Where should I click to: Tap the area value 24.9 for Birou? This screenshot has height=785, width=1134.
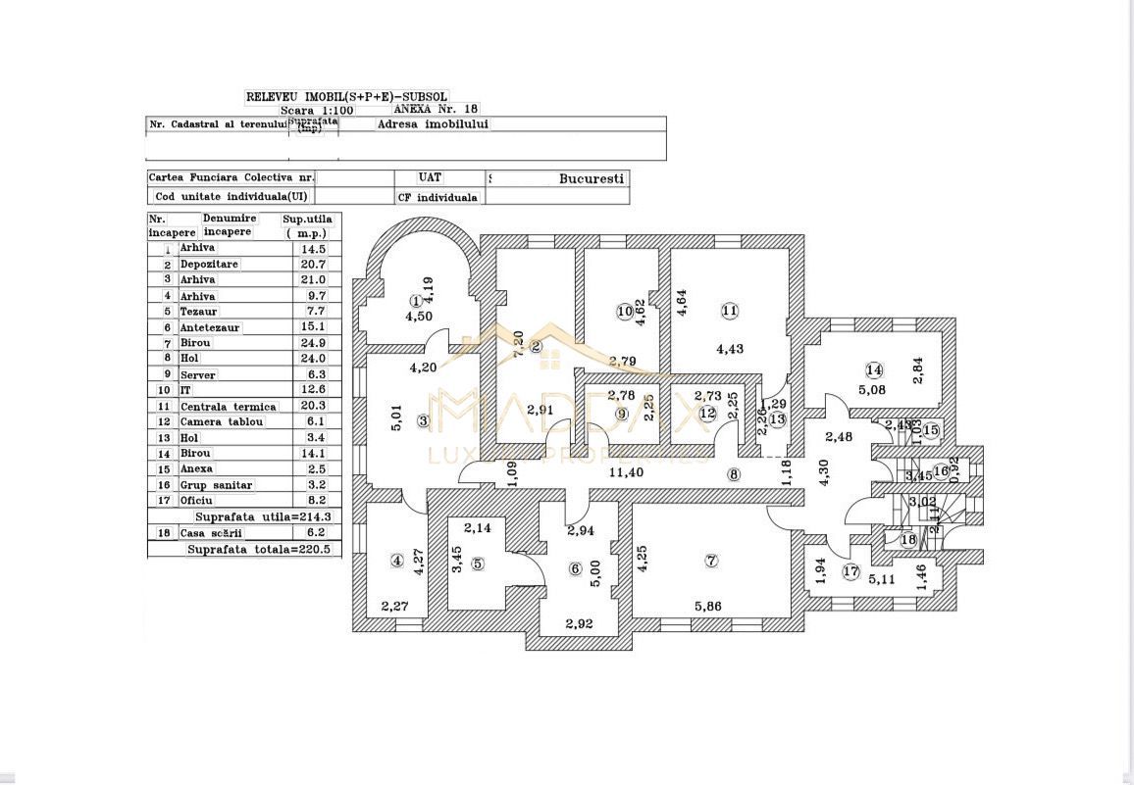pyautogui.click(x=311, y=343)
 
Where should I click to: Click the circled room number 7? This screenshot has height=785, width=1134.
pyautogui.click(x=711, y=561)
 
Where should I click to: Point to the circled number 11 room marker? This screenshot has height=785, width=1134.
pyautogui.click(x=729, y=311)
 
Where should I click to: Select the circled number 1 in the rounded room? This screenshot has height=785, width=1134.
pyautogui.click(x=416, y=301)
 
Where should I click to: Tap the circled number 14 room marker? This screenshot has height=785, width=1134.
pyautogui.click(x=874, y=369)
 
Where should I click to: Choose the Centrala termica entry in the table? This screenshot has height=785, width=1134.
pyautogui.click(x=228, y=407)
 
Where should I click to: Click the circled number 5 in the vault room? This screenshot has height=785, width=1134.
pyautogui.click(x=478, y=563)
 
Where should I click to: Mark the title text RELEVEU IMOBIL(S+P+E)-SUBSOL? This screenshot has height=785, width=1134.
pyautogui.click(x=346, y=97)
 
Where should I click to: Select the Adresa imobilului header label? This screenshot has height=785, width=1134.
pyautogui.click(x=433, y=124)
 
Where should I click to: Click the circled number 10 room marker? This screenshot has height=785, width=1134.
pyautogui.click(x=625, y=312)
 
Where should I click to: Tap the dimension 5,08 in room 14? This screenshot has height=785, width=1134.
pyautogui.click(x=872, y=389)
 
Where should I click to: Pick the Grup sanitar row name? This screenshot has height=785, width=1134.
pyautogui.click(x=216, y=485)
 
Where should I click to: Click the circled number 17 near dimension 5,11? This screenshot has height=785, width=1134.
pyautogui.click(x=850, y=571)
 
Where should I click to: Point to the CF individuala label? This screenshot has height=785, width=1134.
pyautogui.click(x=438, y=197)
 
